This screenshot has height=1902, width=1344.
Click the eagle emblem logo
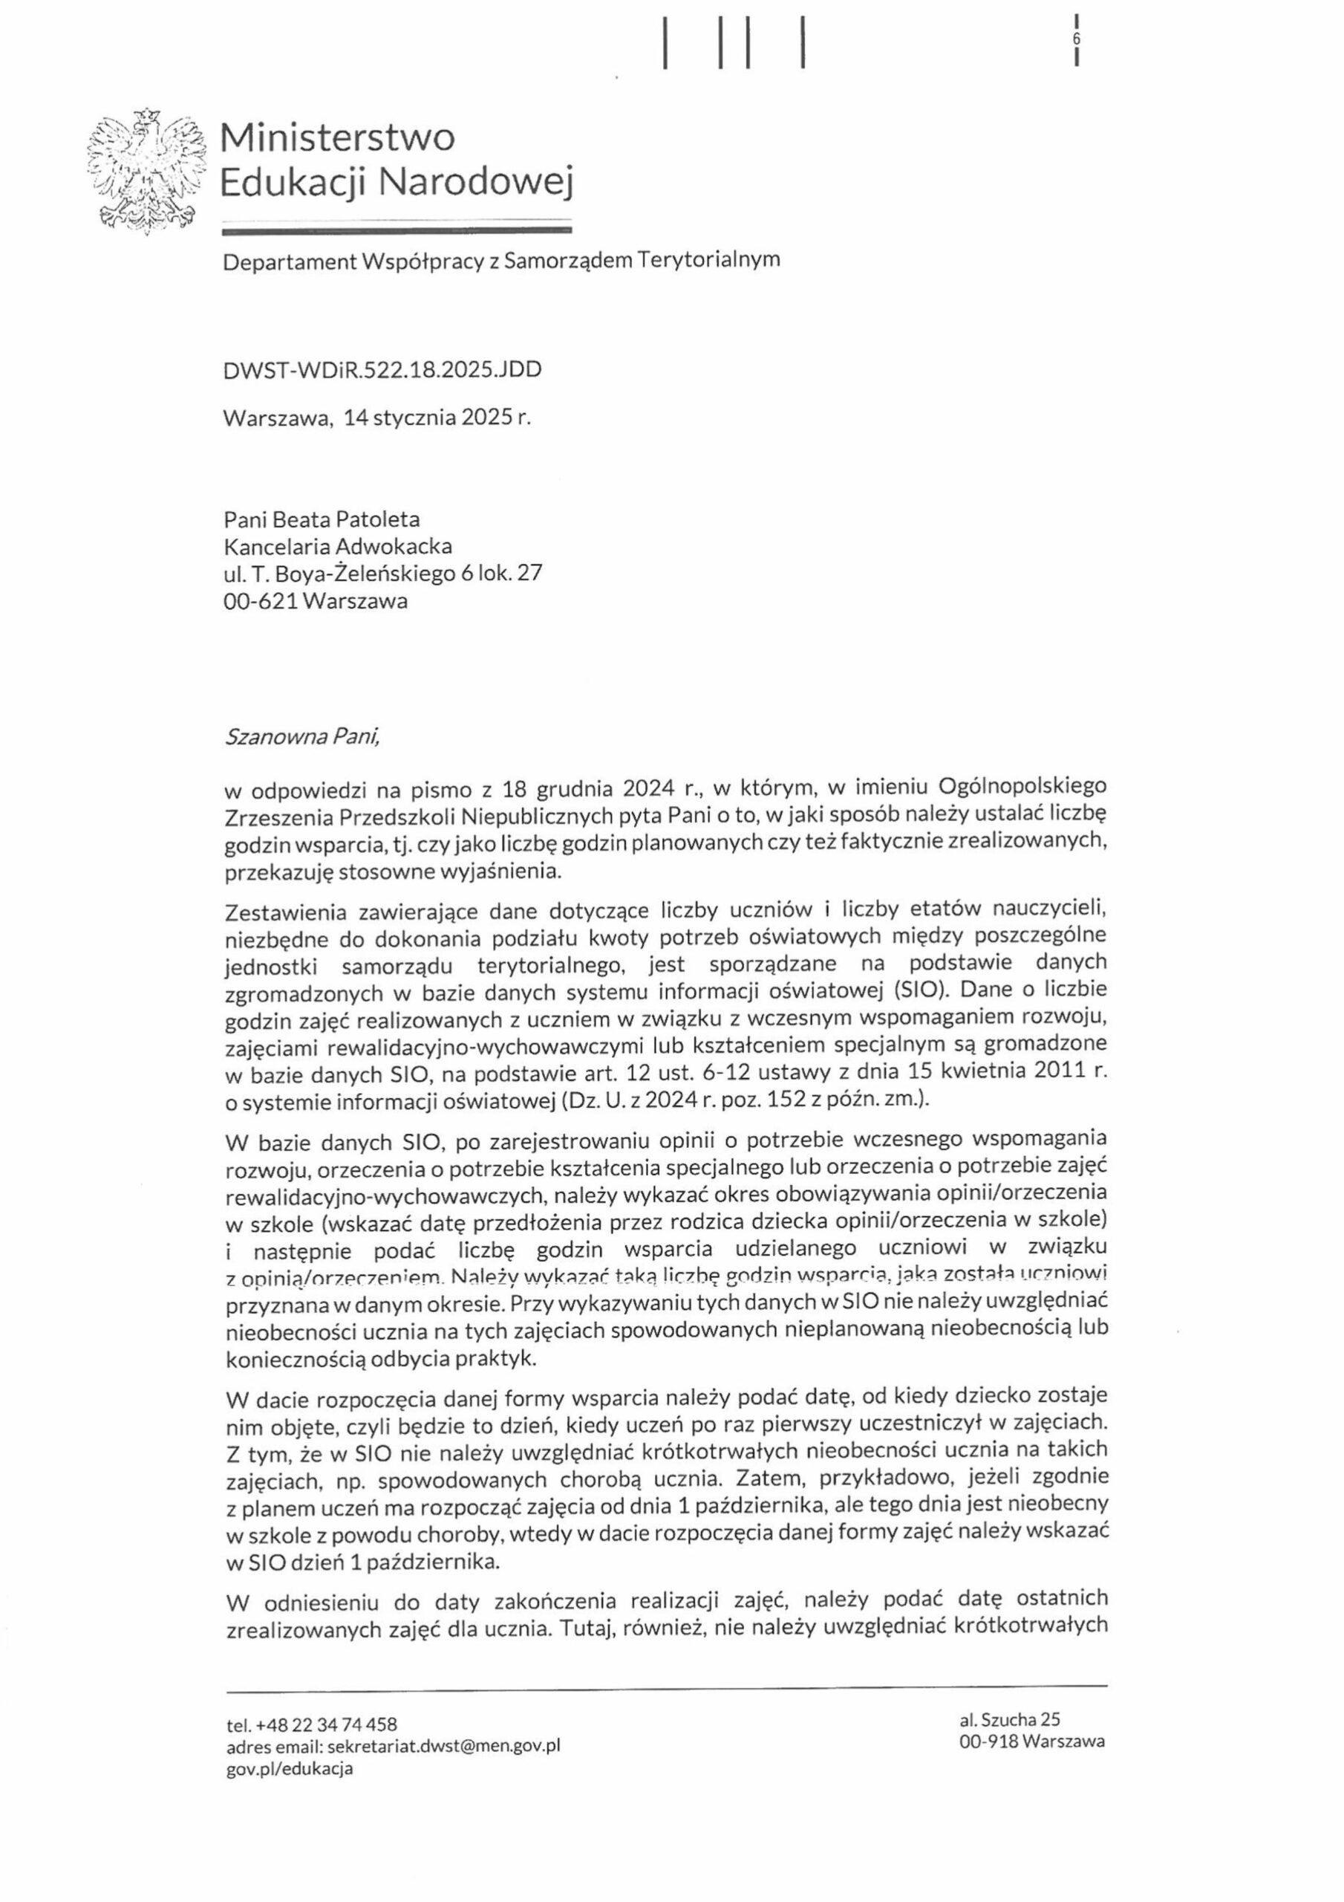click(146, 172)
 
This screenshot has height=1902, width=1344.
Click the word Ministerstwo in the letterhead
click(337, 137)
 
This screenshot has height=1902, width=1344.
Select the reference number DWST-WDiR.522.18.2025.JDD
click(382, 369)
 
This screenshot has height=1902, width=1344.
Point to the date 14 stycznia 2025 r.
click(437, 418)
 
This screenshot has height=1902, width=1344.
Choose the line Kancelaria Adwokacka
click(338, 547)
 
